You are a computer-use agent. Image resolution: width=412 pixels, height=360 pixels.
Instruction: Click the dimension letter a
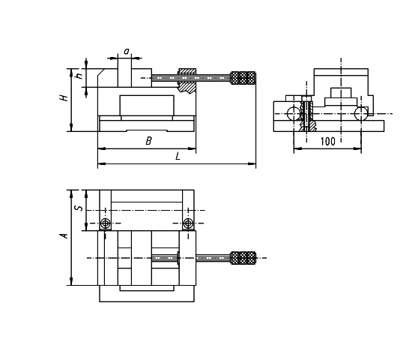[x=127, y=51]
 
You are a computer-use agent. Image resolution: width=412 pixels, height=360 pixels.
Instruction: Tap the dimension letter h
[x=79, y=76]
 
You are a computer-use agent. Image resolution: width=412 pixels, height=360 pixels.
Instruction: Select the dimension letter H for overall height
[x=64, y=97]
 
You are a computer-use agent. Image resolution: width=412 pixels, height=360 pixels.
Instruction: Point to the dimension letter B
[x=149, y=141]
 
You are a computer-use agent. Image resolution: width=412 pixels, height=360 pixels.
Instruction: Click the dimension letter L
[x=178, y=157]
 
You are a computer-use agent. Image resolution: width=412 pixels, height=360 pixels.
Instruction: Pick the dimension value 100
[x=328, y=142]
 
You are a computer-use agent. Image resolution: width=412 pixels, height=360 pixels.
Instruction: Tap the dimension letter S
[x=79, y=208]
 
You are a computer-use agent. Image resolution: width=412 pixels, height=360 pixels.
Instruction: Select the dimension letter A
[x=64, y=235]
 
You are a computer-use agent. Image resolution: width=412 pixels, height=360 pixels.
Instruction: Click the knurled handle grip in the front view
[x=243, y=78]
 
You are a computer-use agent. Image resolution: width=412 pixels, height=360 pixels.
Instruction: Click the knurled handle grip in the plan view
[x=243, y=258]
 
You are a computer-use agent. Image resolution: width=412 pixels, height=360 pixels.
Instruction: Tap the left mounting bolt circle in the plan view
[x=106, y=223]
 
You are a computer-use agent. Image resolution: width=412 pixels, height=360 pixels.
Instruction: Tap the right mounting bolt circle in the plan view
[x=188, y=223]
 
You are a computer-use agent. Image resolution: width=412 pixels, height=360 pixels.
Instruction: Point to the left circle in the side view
[x=294, y=114]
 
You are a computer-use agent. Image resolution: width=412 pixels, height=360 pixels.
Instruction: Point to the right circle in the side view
[x=361, y=114]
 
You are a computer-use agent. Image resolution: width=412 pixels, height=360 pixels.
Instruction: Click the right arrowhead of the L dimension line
[x=252, y=164]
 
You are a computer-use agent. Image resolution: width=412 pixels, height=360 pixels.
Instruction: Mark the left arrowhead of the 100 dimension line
[x=297, y=149]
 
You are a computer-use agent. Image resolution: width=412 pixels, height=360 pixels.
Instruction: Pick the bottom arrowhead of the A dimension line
[x=71, y=281]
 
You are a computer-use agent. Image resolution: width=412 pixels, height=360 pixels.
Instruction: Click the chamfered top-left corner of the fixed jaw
[x=101, y=73]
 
